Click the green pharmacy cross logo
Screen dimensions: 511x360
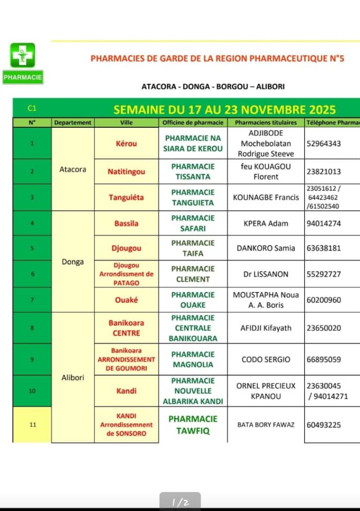coord(23,55)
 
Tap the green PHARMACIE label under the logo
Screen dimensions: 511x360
coord(23,77)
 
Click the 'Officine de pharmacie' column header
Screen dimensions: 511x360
coord(193,122)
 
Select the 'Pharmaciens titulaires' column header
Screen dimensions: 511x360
coord(266,122)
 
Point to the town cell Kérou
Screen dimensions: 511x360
coord(126,144)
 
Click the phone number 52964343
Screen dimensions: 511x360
coord(324,144)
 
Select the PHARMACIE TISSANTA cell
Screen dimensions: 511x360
coord(193,172)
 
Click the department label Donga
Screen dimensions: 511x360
coord(73,262)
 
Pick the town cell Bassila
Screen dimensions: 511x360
coord(126,224)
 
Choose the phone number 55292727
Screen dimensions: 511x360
coord(324,274)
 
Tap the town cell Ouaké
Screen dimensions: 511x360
coord(126,300)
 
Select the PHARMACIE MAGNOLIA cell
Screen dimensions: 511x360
coord(193,359)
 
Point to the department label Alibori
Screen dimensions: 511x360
coord(73,378)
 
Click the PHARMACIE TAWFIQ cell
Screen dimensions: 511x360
coord(193,425)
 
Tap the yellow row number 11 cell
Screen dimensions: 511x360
coord(32,425)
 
